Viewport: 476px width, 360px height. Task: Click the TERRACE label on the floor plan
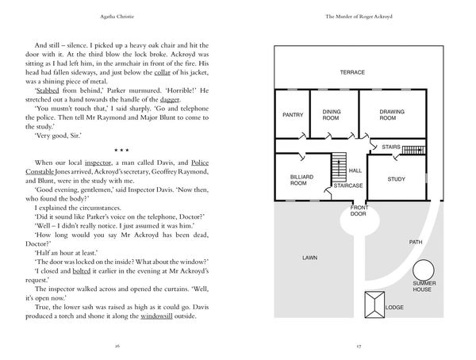click(352, 72)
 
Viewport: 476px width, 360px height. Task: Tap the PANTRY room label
click(293, 115)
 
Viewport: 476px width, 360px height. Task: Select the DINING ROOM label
click(331, 115)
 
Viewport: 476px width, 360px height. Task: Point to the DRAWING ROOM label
click(392, 115)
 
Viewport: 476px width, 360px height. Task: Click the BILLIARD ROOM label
click(301, 180)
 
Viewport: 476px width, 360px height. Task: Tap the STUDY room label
click(396, 179)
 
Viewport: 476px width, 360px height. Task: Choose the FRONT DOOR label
click(359, 211)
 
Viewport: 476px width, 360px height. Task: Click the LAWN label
click(309, 258)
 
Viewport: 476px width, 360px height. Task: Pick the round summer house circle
click(423, 260)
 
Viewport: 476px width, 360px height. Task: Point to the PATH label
click(416, 242)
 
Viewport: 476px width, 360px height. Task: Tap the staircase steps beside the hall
click(339, 167)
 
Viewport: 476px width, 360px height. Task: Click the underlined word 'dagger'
click(170, 100)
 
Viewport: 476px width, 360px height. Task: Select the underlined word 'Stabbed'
click(48, 90)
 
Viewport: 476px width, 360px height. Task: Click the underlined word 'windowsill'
click(156, 316)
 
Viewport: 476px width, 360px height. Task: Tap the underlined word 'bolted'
click(82, 270)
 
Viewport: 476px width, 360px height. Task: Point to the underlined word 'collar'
click(162, 72)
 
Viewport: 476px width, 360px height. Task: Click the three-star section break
click(121, 150)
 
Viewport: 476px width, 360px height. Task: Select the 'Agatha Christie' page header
click(117, 17)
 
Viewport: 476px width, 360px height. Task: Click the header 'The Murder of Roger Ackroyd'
click(359, 17)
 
